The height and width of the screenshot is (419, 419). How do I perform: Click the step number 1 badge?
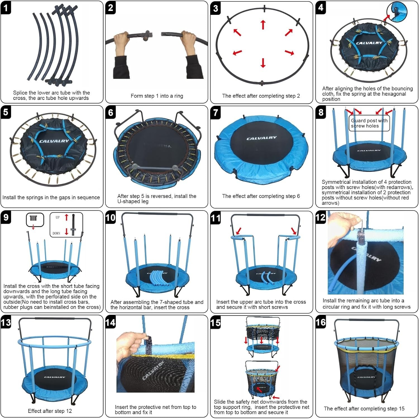point(6,8)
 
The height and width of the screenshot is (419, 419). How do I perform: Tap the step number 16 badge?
point(321,323)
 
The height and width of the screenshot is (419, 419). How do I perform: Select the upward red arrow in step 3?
point(263,25)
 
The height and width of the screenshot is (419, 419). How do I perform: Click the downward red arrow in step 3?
point(263,63)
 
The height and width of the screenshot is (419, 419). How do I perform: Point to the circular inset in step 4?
point(397,12)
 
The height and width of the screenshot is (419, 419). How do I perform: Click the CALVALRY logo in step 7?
point(261,138)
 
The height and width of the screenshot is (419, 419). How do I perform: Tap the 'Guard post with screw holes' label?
point(369,123)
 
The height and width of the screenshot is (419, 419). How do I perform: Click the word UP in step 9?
point(58,217)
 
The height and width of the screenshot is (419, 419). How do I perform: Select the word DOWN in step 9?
point(56,233)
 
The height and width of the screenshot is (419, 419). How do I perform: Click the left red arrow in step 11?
point(239,231)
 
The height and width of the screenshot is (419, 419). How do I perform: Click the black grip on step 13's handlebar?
point(55,319)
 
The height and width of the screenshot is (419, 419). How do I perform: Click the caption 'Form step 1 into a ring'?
point(157,96)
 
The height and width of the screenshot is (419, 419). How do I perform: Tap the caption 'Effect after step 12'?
point(50,411)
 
